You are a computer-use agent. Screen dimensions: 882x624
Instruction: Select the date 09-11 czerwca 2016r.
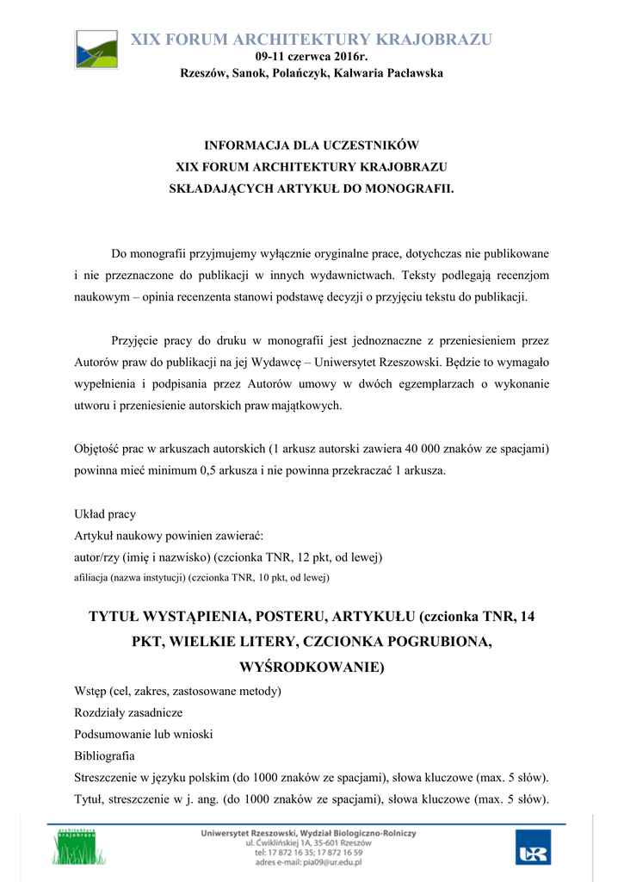coord(312,57)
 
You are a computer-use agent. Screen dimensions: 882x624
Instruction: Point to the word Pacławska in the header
coord(415,73)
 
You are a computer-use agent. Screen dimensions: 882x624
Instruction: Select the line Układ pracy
coord(105,514)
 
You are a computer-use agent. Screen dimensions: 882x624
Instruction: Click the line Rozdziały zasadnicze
coord(128,712)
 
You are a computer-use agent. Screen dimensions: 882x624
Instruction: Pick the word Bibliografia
coord(104,755)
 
